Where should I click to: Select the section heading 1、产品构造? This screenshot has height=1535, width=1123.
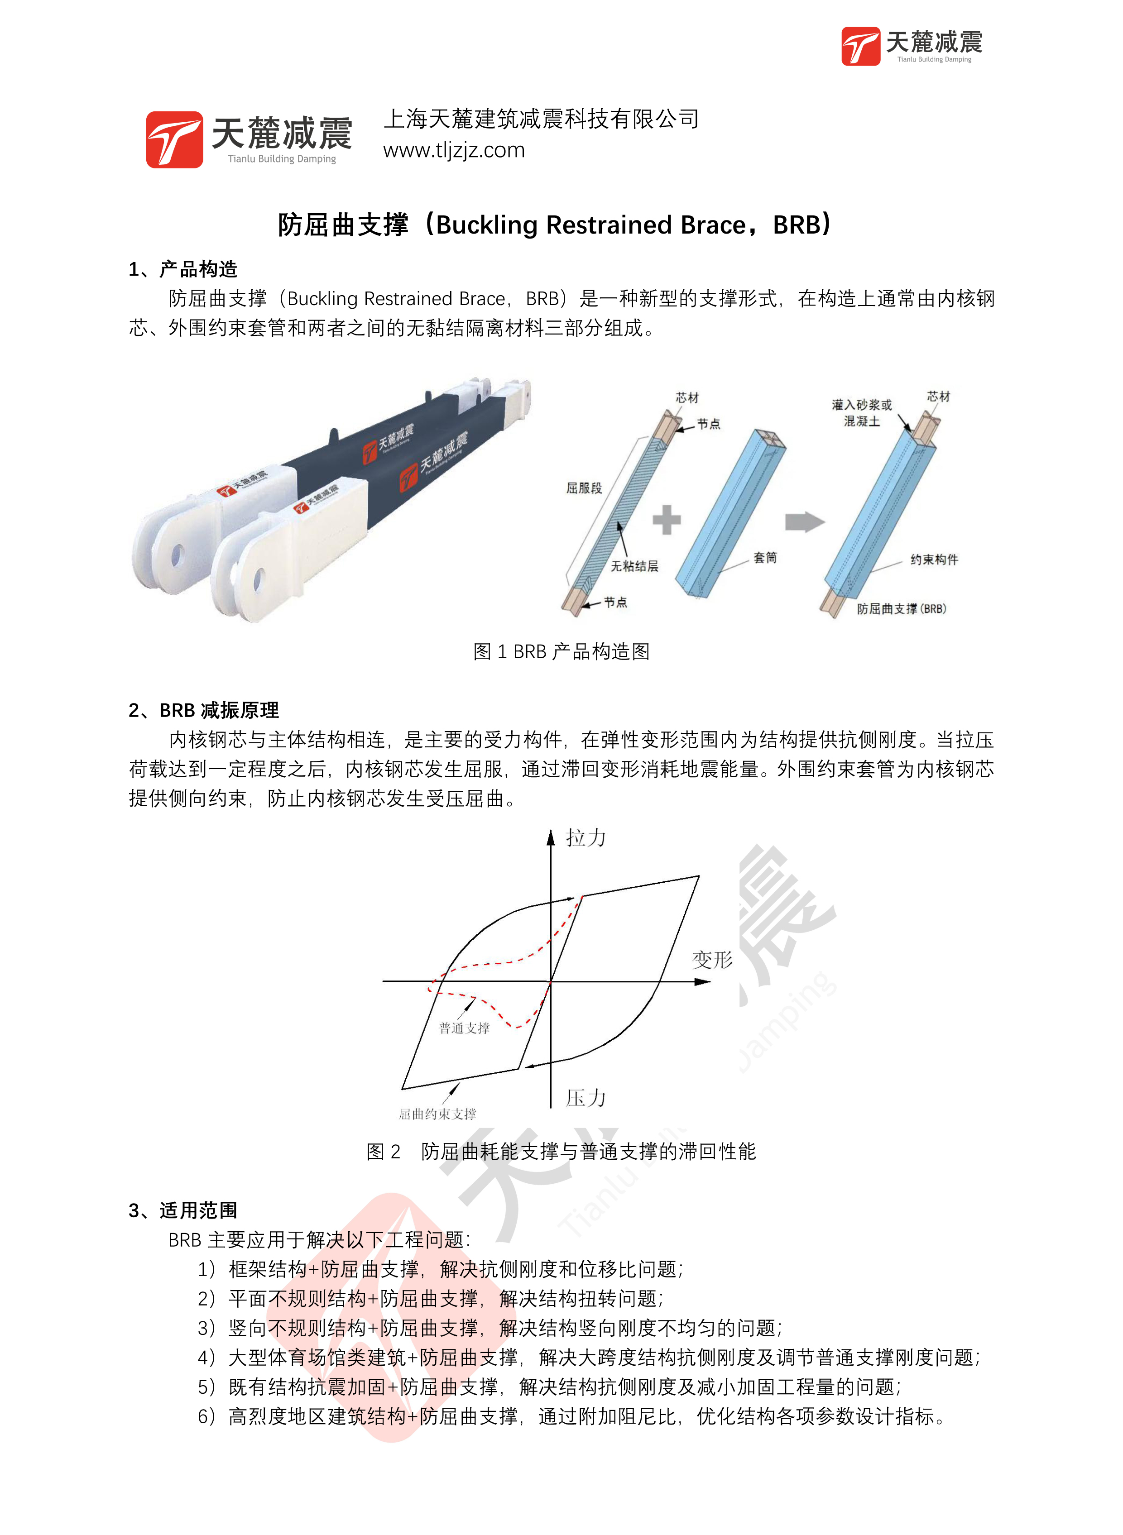(183, 269)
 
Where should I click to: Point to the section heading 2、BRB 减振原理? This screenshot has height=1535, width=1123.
(203, 710)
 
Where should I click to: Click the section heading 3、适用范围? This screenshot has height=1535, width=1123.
(183, 1210)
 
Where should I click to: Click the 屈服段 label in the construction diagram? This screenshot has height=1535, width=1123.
(584, 488)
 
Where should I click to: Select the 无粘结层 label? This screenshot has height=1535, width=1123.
(633, 566)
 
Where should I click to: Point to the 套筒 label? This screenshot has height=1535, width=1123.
(765, 558)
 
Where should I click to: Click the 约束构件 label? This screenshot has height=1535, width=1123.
(934, 559)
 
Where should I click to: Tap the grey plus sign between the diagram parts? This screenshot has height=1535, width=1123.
(666, 520)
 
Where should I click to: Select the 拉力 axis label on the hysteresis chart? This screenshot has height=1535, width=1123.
(585, 838)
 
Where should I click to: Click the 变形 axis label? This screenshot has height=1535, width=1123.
(712, 960)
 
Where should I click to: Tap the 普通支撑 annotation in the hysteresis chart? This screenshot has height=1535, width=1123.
(464, 1028)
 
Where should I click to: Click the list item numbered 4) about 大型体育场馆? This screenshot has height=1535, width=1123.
(589, 1357)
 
